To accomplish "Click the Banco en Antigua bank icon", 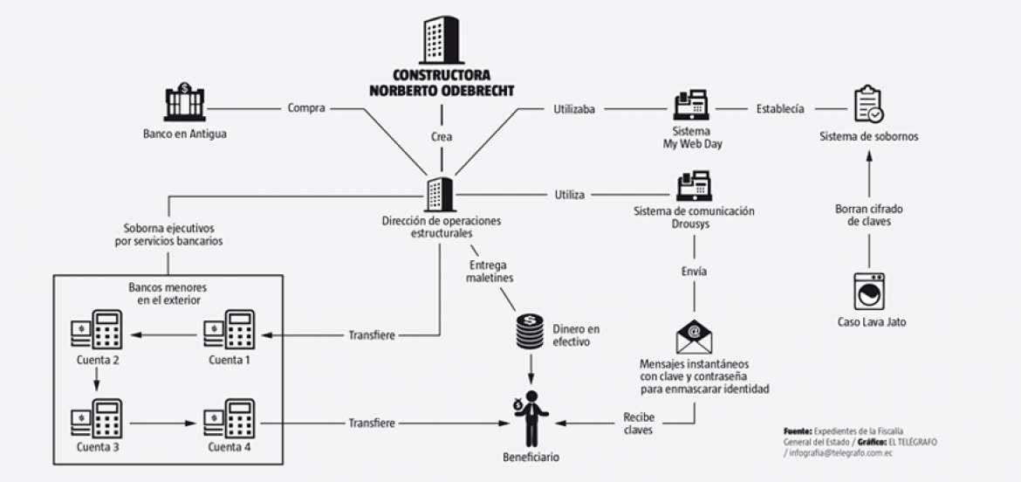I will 184,102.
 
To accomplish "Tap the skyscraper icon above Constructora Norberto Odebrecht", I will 441,40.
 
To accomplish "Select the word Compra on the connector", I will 305,109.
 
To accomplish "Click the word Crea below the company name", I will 442,137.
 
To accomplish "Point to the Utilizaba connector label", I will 574,109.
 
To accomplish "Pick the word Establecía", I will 779,109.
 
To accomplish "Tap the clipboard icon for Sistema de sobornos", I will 868,104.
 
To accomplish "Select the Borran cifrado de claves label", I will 868,216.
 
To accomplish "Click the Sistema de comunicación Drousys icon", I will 695,186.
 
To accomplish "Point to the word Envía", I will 695,272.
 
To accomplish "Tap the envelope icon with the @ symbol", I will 695,336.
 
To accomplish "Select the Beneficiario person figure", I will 530,420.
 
